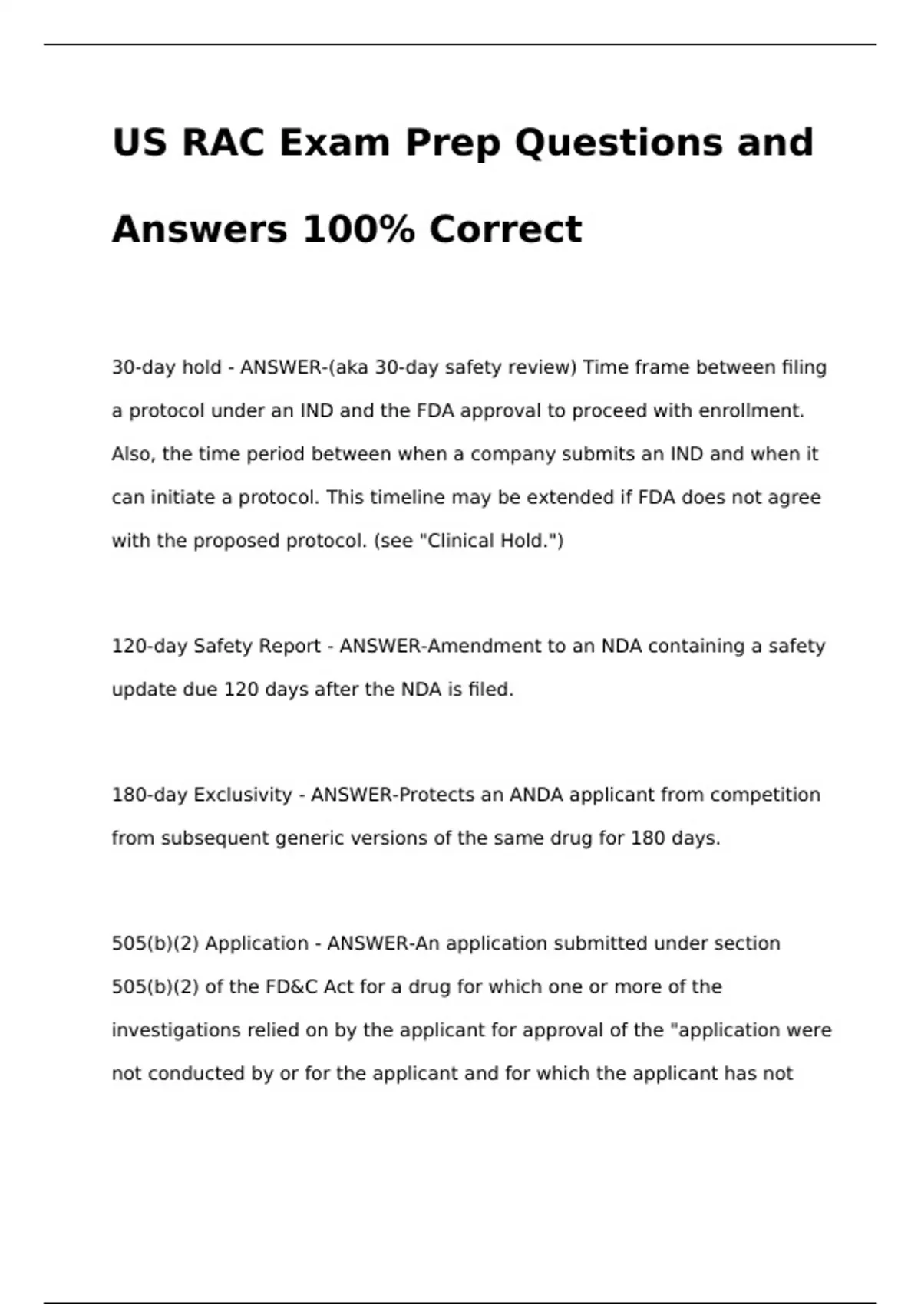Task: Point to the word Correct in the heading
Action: [506, 229]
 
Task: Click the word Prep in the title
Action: [453, 143]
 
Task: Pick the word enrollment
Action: [750, 411]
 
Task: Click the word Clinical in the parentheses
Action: [460, 542]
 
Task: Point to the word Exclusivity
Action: [243, 795]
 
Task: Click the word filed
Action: [490, 690]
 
